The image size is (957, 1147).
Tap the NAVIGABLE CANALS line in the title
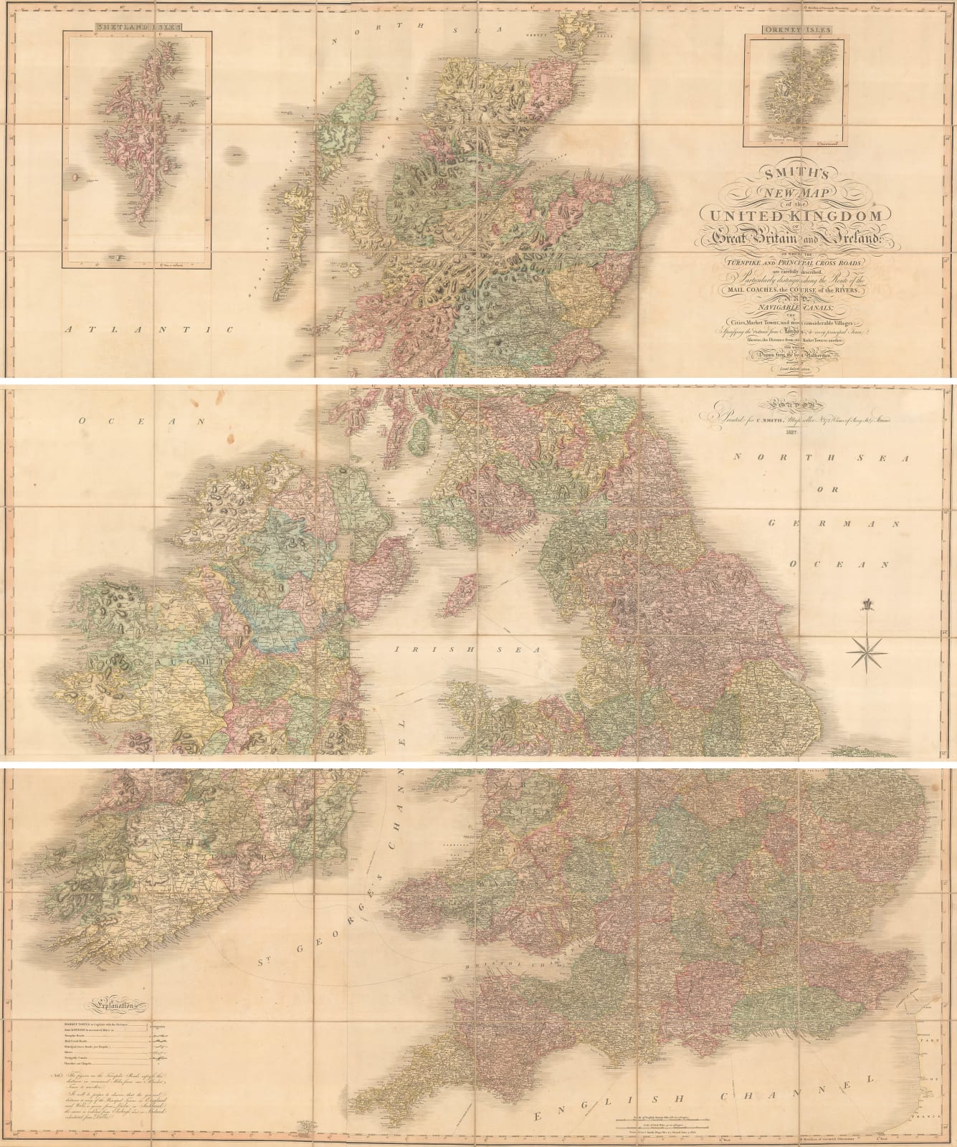coord(789,306)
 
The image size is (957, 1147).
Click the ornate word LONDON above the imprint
coord(789,404)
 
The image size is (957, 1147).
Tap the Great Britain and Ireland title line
coord(789,236)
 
